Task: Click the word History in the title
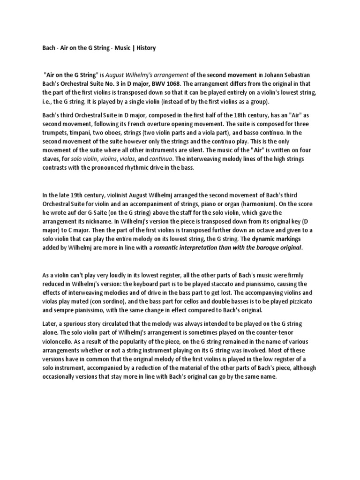point(145,48)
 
